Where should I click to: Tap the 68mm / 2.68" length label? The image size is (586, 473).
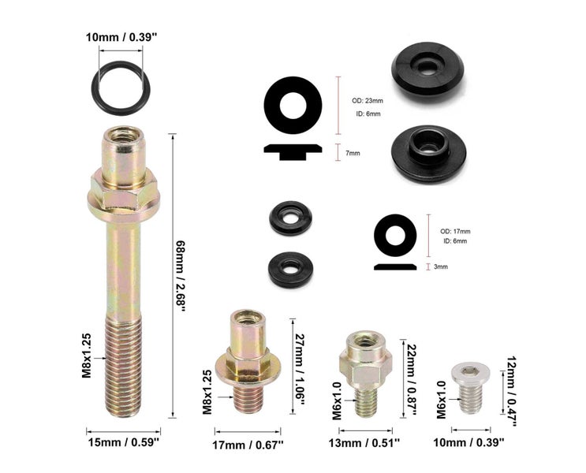point(181,277)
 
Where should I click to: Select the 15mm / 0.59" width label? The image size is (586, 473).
point(124,443)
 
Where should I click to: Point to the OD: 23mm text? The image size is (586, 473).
point(367,100)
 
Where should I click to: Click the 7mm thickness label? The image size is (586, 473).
point(353,153)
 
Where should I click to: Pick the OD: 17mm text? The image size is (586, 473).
point(455,232)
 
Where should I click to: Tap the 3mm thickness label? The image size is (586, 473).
point(441,266)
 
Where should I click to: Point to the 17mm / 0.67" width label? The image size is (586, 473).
point(248,445)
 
